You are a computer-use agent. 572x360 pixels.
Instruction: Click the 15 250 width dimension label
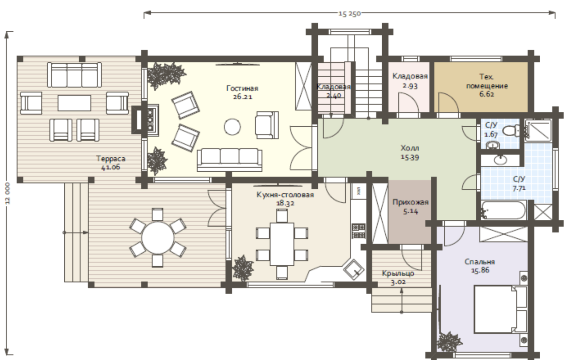350,14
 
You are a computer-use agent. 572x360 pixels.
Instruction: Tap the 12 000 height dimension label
7,193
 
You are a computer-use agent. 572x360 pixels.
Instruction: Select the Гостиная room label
242,89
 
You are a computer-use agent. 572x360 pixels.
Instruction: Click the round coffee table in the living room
232,127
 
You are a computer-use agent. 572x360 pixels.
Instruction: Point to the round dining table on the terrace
158,238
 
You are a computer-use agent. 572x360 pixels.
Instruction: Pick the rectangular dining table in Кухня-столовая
282,244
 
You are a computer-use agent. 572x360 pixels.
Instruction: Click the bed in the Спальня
500,309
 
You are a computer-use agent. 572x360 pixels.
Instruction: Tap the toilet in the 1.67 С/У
511,130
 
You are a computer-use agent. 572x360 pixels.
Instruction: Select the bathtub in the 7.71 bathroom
503,210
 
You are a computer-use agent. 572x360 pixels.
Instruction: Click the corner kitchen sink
354,269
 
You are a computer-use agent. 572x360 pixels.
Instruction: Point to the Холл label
410,148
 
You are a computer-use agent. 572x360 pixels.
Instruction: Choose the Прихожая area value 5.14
410,211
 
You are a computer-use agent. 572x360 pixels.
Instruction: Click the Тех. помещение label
487,81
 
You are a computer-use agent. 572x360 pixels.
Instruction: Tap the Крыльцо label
398,273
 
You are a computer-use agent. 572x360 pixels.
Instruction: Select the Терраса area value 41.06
111,168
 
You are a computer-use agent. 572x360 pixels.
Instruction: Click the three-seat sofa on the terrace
74,75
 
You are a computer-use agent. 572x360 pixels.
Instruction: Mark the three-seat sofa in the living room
229,160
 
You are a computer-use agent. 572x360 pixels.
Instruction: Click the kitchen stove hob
358,231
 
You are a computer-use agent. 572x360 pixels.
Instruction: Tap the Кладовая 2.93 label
410,81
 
